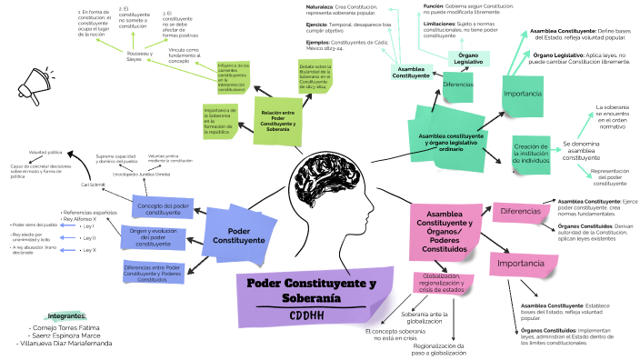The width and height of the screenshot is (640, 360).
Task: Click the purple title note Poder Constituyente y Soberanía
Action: [312, 290]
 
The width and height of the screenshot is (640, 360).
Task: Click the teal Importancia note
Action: [523, 95]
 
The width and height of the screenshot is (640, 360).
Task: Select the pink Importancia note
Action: [522, 265]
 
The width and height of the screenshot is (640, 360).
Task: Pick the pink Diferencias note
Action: [521, 212]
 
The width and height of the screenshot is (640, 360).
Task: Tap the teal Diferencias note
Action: [457, 85]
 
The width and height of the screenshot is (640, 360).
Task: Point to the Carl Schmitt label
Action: [94, 184]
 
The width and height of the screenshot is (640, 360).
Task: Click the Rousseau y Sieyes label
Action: [139, 56]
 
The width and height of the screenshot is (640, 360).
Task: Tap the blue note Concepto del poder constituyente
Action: [164, 208]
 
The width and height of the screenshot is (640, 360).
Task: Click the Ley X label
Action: [89, 249]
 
